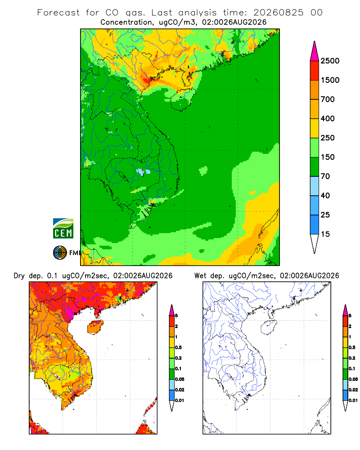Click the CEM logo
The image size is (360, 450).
(63, 229)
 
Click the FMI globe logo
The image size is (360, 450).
(60, 253)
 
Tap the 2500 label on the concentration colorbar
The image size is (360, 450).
(330, 61)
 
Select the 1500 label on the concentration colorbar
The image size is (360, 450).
(330, 80)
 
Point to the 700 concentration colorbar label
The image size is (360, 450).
(328, 99)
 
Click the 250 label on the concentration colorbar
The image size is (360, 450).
(328, 138)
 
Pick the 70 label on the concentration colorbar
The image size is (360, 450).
(325, 176)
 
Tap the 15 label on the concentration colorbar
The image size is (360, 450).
(325, 234)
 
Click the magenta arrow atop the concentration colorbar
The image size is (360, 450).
(315, 52)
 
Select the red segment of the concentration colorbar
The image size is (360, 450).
(315, 71)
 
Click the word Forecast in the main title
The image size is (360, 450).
(58, 13)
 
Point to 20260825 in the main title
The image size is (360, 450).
(278, 13)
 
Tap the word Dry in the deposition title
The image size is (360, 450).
(19, 276)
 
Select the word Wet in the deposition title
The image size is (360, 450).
(200, 276)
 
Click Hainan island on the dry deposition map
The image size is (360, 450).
(95, 327)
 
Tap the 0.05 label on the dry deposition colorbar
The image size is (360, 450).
(180, 379)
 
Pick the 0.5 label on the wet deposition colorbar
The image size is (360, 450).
(352, 347)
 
